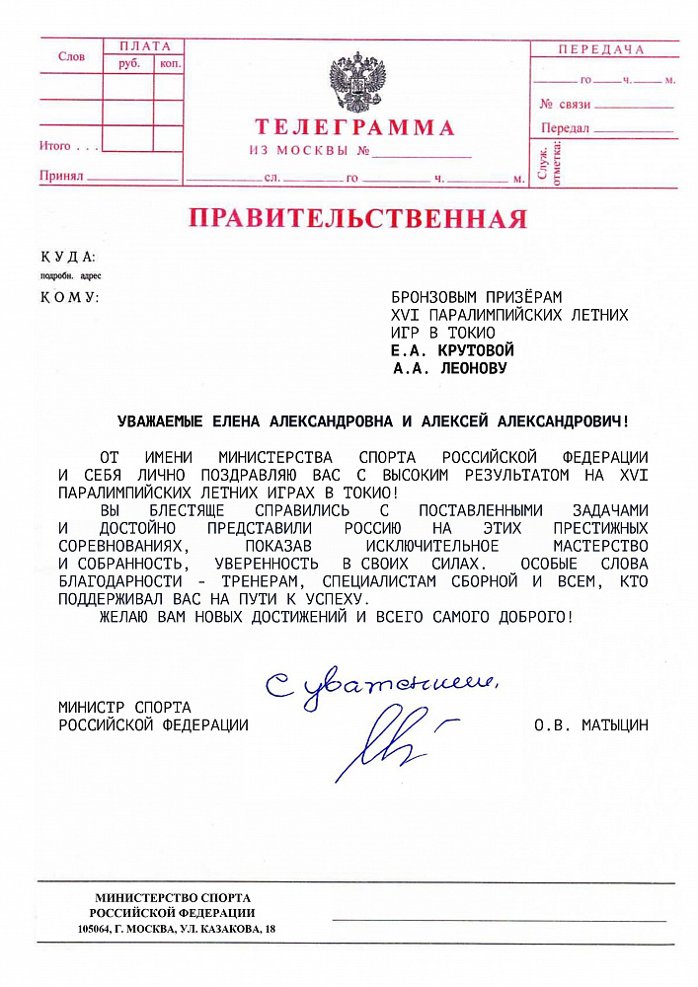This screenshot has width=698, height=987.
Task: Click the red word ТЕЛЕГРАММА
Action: [354, 127]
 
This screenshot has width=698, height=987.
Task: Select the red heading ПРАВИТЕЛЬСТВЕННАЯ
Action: [357, 217]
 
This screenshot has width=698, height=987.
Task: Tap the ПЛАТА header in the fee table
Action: [144, 46]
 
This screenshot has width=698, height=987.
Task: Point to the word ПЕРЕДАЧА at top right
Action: [600, 49]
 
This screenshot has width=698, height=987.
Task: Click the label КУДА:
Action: [68, 257]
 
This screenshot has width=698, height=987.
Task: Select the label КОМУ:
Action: [69, 297]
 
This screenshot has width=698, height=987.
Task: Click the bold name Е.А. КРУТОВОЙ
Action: [453, 350]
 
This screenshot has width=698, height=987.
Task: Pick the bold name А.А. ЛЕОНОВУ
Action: [449, 369]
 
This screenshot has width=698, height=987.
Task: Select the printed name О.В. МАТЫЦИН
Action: [591, 725]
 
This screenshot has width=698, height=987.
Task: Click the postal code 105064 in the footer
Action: [96, 930]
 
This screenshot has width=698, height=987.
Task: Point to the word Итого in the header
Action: [55, 146]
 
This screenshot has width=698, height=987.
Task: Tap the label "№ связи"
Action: [565, 104]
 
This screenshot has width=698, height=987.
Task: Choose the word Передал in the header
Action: [565, 128]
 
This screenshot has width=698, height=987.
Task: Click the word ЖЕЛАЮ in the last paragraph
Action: [122, 617]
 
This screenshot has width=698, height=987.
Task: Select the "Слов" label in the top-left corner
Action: [71, 57]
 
